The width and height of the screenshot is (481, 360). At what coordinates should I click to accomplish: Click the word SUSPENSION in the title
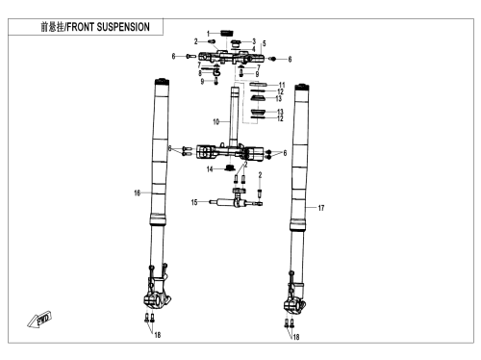coord(123,27)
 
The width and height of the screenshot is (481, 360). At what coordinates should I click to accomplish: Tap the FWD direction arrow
coord(39,320)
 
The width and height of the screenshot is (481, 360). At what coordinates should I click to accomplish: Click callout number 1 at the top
coord(209,34)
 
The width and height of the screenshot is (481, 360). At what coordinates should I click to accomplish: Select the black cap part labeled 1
coord(227,33)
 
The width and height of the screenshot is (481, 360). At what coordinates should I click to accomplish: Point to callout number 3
coord(254,41)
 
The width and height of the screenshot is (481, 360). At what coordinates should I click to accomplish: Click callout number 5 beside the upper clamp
coord(265,43)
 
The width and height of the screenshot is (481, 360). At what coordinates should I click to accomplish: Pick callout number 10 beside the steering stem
coord(216,122)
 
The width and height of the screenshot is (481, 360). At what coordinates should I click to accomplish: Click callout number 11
coord(282,85)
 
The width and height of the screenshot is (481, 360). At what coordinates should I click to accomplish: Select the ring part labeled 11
coord(258,84)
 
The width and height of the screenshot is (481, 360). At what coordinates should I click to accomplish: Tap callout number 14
coord(210,169)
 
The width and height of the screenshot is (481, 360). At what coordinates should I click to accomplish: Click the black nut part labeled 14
coord(230,167)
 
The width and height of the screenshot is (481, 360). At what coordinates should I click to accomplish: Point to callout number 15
coord(194,202)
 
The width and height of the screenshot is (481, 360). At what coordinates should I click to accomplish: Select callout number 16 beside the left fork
coord(138,193)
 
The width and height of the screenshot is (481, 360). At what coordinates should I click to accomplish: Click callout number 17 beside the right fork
coord(321,208)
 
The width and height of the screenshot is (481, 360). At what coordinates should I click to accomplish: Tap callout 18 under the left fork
coord(158,335)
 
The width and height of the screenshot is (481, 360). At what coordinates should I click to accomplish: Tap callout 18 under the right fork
coord(296,337)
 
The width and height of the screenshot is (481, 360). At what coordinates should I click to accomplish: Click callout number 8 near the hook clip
coord(200,73)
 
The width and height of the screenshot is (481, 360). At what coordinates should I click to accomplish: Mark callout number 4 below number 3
coord(254,49)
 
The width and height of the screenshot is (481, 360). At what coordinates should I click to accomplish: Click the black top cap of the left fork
coord(162,81)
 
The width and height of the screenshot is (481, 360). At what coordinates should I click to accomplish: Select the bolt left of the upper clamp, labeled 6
coord(191,57)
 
